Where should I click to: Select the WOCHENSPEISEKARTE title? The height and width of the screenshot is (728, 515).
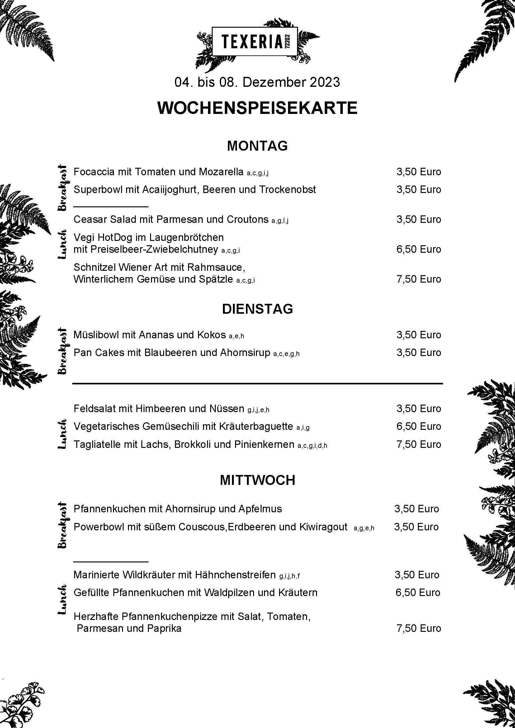[257, 108]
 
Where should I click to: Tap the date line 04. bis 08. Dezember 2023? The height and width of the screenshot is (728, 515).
[257, 82]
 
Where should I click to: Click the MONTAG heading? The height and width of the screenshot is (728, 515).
[257, 146]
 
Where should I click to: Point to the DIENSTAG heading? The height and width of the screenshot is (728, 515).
[257, 309]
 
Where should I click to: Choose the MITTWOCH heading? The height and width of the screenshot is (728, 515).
[257, 480]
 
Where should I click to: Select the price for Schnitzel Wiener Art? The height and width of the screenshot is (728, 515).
[418, 279]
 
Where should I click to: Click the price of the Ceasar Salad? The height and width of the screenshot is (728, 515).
[418, 219]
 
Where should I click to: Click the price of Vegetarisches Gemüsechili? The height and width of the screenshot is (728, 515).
[418, 426]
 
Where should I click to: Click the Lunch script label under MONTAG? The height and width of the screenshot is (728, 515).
[63, 244]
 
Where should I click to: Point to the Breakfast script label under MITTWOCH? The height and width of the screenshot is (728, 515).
[63, 525]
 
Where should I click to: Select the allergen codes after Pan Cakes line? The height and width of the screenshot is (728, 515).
[286, 354]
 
